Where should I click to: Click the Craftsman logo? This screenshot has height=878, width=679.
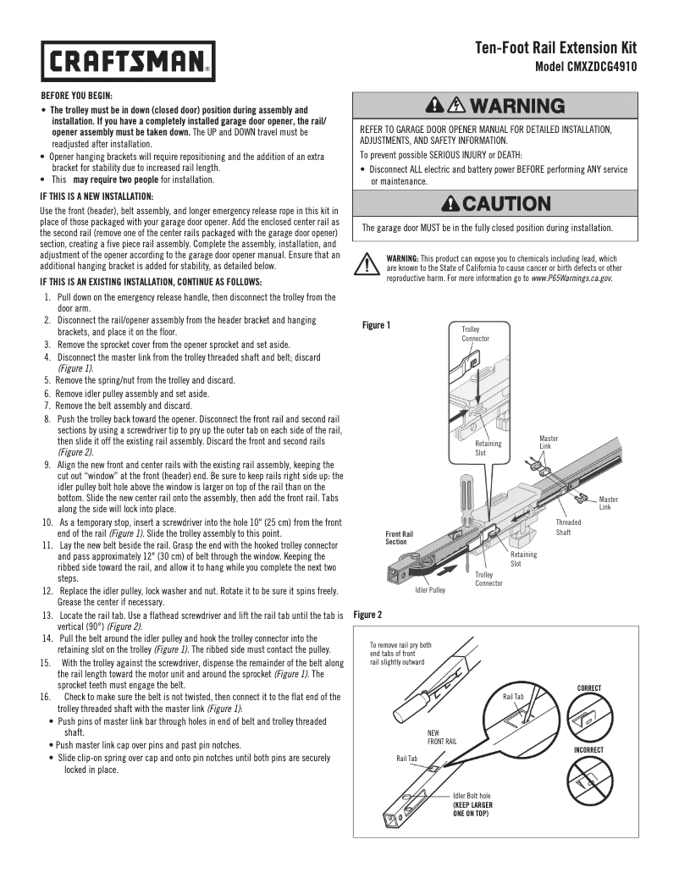[129, 61]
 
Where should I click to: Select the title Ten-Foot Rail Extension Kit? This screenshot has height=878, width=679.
[555, 48]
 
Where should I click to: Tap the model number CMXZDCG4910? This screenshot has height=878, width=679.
[587, 67]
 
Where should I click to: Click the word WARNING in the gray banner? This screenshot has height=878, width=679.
[516, 107]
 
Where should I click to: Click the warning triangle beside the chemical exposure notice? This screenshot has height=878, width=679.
[366, 263]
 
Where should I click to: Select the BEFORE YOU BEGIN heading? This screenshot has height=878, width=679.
[76, 96]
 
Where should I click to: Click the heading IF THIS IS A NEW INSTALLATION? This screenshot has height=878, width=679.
[97, 196]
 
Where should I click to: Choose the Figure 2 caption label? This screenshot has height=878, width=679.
[367, 614]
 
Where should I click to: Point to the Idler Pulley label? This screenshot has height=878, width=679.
[429, 589]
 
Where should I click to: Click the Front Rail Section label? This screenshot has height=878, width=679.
[400, 538]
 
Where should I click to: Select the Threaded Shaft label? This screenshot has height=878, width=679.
[568, 527]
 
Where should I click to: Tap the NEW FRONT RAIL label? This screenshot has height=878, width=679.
[442, 737]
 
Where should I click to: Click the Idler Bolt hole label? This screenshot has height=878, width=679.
[472, 796]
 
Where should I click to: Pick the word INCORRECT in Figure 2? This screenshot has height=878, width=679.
[588, 749]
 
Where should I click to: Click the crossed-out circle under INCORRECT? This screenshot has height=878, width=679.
[589, 781]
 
